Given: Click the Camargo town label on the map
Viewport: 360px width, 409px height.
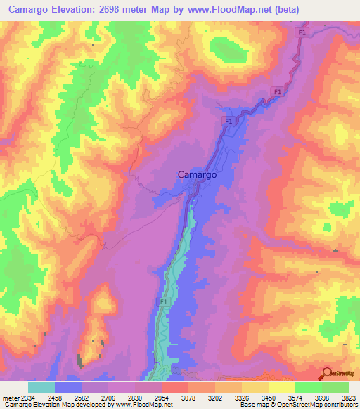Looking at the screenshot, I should click(x=196, y=174).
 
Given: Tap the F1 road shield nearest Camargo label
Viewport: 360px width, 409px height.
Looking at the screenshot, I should click(x=229, y=122).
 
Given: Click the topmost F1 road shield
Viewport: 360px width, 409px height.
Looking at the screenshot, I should click(x=302, y=32).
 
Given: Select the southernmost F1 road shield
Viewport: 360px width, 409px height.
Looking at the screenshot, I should click(x=164, y=301).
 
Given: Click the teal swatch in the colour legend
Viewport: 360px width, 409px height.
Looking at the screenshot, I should click(x=41, y=387).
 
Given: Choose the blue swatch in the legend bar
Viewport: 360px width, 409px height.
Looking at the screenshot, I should click(x=68, y=387).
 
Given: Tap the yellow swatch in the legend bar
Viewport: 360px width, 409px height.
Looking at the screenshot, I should click(x=281, y=387).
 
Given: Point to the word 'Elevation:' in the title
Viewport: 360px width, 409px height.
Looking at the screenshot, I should click(x=78, y=10).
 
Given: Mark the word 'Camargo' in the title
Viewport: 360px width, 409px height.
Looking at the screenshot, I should click(x=27, y=10).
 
